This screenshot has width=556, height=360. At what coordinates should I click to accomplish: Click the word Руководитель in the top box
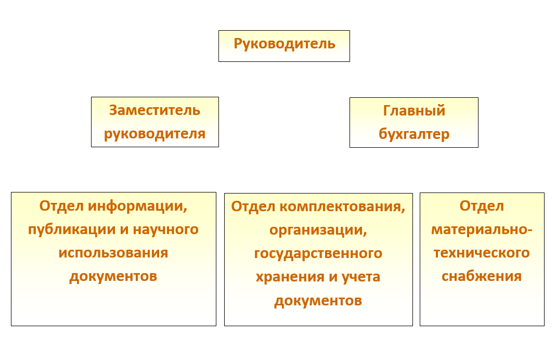click(285, 44)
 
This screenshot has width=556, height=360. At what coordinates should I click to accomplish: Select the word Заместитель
click(154, 110)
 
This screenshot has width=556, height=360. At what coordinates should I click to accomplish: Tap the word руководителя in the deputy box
click(154, 134)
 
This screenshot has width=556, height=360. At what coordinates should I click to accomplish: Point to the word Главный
click(414, 111)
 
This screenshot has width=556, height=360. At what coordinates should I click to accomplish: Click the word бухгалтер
click(414, 134)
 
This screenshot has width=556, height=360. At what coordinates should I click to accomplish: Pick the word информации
click(138, 206)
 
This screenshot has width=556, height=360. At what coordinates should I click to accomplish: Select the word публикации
click(72, 230)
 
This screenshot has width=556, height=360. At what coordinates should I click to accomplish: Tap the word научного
click(165, 229)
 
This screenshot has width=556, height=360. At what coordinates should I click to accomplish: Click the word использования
click(113, 253)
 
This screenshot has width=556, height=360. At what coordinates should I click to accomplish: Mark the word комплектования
click(343, 207)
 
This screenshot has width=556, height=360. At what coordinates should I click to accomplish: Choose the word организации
click(318, 230)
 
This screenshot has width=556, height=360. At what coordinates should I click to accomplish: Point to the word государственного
click(318, 254)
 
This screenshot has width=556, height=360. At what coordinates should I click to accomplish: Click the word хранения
click(290, 277)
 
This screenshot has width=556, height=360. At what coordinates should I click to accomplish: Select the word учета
click(361, 277)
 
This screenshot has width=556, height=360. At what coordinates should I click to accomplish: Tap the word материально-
click(482, 230)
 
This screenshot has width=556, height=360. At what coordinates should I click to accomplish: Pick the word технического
click(482, 253)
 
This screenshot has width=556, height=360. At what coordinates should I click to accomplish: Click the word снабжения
click(482, 277)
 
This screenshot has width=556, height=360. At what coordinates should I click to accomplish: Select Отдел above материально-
click(482, 207)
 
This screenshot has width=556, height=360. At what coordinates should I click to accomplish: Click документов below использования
click(113, 277)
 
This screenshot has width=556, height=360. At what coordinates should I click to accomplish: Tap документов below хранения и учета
click(318, 301)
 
